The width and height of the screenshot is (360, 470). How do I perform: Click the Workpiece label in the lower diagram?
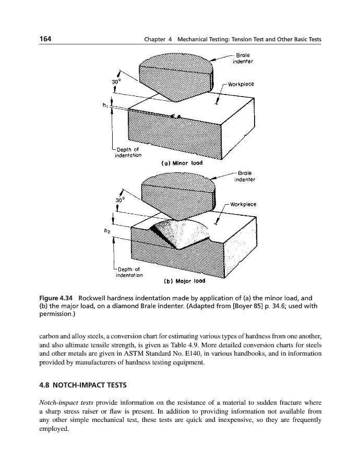click(245, 203)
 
